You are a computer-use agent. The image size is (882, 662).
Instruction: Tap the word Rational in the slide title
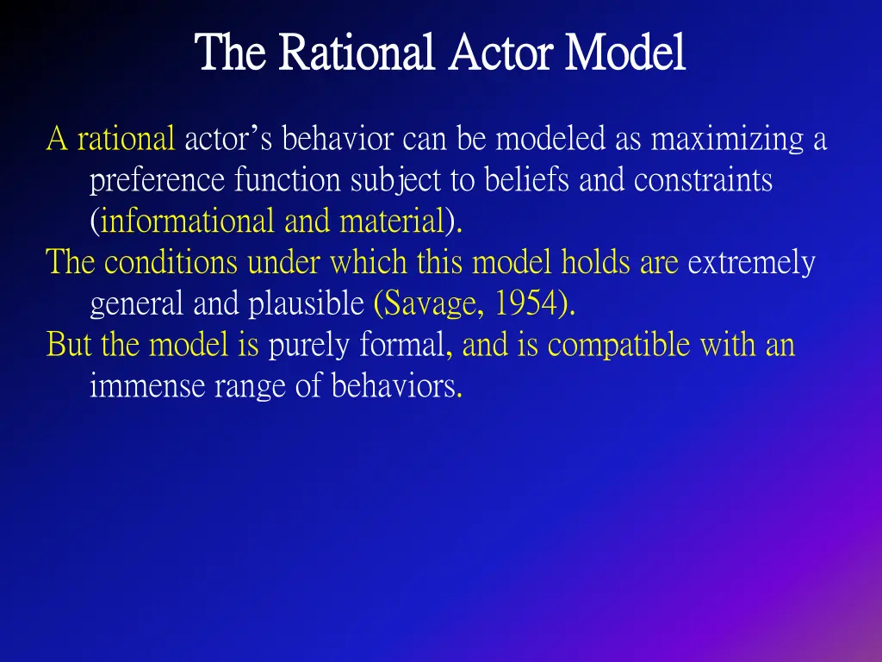pos(353,53)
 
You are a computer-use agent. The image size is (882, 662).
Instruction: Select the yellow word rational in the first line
pos(126,138)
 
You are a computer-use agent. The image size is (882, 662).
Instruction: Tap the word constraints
pos(703,180)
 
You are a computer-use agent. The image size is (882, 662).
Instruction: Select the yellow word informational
pos(189,222)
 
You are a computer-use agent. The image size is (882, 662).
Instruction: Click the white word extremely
pos(751,262)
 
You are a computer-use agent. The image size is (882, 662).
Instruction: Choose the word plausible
pos(307,303)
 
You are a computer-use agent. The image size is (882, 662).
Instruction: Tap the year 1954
pos(526,303)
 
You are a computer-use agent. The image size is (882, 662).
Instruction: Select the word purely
pos(310,346)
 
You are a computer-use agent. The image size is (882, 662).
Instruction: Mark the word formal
pos(402,346)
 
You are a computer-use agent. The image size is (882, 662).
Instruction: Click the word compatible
pos(619,346)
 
